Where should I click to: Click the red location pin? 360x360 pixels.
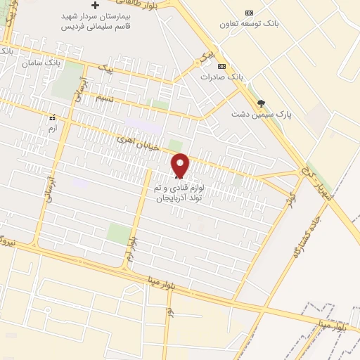tap(181, 166)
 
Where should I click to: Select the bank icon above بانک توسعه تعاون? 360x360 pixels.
tap(249, 13)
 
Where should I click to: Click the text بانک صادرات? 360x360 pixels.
tap(221, 76)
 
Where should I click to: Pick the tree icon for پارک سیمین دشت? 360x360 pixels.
tap(261, 103)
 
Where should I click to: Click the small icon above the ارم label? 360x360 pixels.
tap(51, 119)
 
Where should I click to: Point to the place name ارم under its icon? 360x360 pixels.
tap(51, 129)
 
